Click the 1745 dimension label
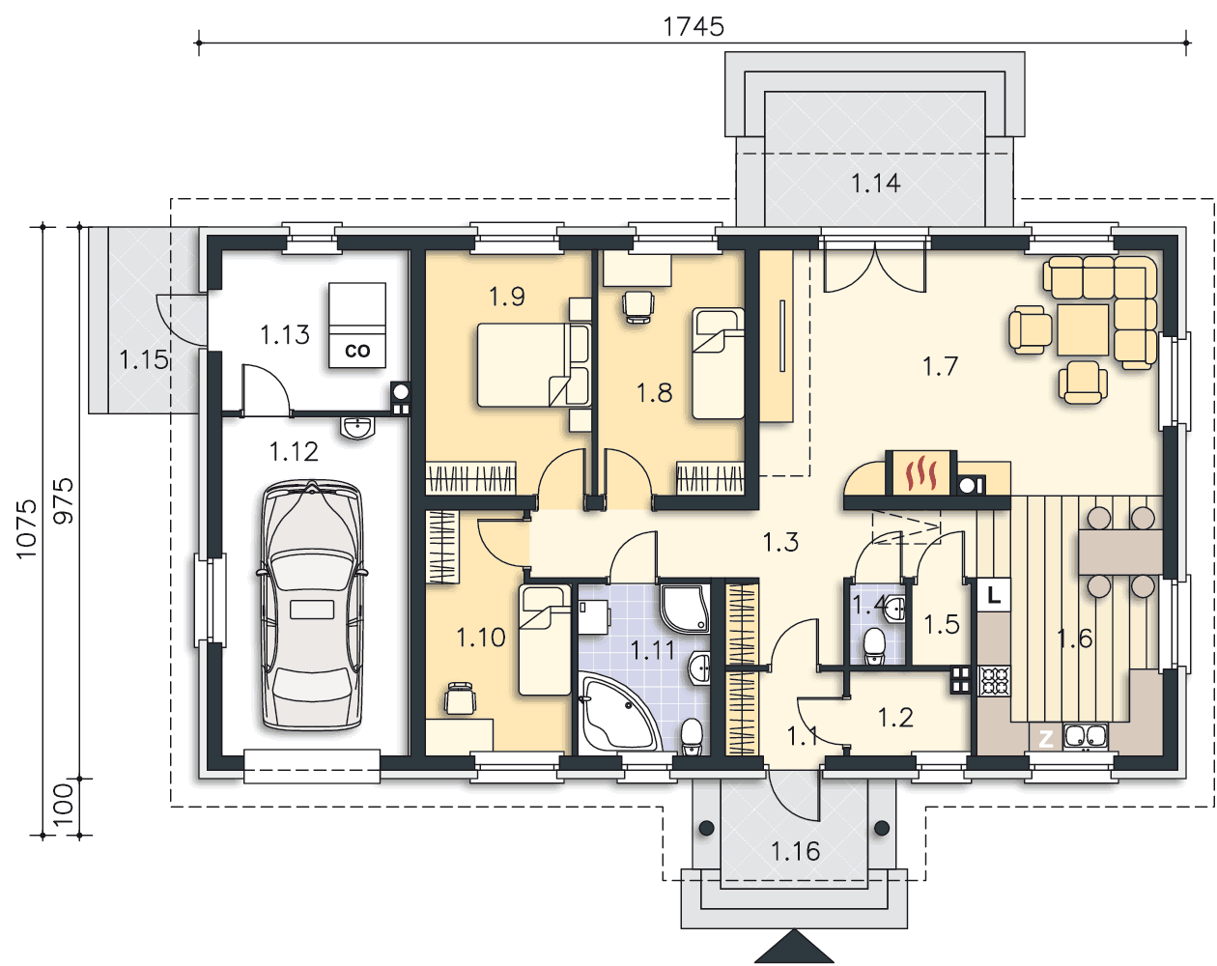(x=693, y=27)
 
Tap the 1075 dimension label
(x=26, y=529)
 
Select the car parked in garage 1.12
(x=312, y=605)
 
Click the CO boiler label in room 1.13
(x=357, y=351)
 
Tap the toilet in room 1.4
(x=875, y=646)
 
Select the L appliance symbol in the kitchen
(x=993, y=594)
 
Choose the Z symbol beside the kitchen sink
(x=1046, y=737)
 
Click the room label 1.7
(x=940, y=366)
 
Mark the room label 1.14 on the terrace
(x=875, y=184)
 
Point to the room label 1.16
(x=795, y=851)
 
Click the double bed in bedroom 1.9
(x=534, y=365)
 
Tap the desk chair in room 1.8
(x=637, y=306)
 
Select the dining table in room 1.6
(x=1120, y=552)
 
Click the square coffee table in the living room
(x=1083, y=329)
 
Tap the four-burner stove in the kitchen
(x=994, y=682)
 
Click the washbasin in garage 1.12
(x=357, y=428)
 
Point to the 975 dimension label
(x=63, y=501)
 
